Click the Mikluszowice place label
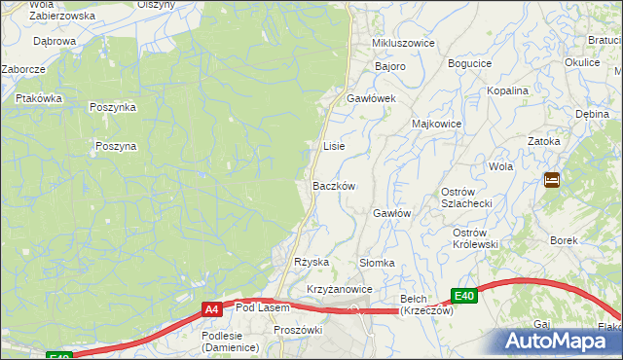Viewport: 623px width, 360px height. pyautogui.click(x=403, y=45)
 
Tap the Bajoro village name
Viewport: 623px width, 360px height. pyautogui.click(x=390, y=66)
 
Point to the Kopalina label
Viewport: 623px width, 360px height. pyautogui.click(x=508, y=90)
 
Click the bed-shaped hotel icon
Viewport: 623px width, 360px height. pyautogui.click(x=552, y=180)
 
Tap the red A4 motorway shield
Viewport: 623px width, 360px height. pyautogui.click(x=212, y=309)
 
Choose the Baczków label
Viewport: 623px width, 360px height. pyautogui.click(x=333, y=186)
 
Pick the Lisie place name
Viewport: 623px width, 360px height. pyautogui.click(x=334, y=146)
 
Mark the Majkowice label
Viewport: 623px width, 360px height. pyautogui.click(x=436, y=125)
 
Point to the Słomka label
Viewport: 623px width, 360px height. pyautogui.click(x=377, y=263)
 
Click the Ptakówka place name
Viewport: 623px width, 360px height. pyautogui.click(x=39, y=98)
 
